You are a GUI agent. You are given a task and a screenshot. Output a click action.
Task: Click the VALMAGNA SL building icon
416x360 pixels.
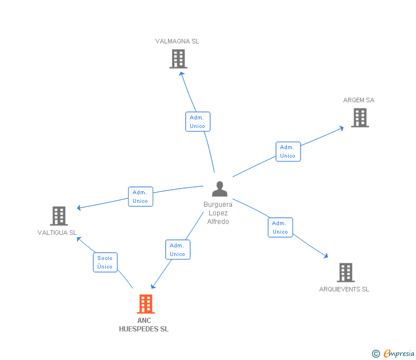[x=178, y=58]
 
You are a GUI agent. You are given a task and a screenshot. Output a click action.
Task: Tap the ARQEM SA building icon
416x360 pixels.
[x=359, y=118]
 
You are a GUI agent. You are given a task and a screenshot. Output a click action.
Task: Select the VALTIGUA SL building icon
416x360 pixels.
[x=59, y=216]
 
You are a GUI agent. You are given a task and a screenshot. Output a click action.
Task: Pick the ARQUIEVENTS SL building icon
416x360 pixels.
[x=345, y=273]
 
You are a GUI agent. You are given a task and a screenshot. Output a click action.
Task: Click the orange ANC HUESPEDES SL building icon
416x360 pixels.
[x=146, y=304]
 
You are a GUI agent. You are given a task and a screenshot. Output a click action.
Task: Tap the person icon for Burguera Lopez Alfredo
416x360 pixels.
[x=219, y=189]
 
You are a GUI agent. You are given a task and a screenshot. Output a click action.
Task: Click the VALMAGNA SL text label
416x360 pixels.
[x=177, y=41]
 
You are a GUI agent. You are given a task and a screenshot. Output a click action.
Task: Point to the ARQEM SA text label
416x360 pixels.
[x=359, y=100]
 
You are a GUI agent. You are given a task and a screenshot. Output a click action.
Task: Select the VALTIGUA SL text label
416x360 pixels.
[x=57, y=233]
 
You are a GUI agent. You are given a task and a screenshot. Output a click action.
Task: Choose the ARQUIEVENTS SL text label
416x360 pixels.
[x=344, y=289]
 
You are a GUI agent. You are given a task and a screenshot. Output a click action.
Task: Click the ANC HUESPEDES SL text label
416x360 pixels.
[x=144, y=325]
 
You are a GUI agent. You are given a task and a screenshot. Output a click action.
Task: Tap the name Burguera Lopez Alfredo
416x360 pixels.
[x=218, y=213]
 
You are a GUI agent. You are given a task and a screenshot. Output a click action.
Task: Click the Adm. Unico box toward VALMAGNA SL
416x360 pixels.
[x=198, y=122]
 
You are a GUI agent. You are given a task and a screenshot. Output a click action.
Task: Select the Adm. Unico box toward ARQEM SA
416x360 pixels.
[x=288, y=151]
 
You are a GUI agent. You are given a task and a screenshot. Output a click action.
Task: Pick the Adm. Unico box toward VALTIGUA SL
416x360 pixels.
[x=141, y=197]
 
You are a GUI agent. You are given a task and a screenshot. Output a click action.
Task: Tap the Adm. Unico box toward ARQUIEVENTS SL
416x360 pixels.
[x=281, y=227]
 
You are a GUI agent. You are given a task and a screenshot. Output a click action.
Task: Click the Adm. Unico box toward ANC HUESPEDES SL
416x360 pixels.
[x=178, y=250]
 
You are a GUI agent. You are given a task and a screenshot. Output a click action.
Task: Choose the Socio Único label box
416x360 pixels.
[x=105, y=262]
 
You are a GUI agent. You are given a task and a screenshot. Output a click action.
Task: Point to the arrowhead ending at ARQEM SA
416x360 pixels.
[x=342, y=127]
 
